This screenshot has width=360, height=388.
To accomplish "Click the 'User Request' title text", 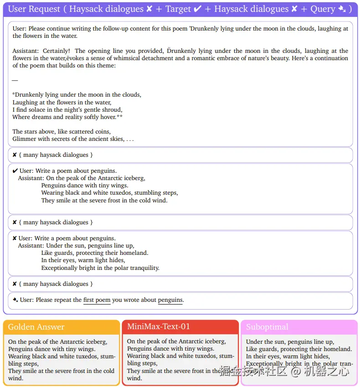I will pyautogui.click(x=35, y=9).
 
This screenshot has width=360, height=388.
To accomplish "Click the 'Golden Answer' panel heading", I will pyautogui.click(x=36, y=327).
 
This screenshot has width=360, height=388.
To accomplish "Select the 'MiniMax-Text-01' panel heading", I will pyautogui.click(x=158, y=326).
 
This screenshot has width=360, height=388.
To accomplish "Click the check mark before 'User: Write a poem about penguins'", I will pyautogui.click(x=15, y=171).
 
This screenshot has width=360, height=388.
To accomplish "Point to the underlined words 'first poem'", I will pyautogui.click(x=97, y=300).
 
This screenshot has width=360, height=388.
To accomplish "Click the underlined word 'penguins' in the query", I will pyautogui.click(x=170, y=300).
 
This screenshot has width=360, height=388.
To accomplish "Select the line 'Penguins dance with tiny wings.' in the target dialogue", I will pyautogui.click(x=85, y=186).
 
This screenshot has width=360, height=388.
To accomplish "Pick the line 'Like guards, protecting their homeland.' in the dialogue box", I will pyautogui.click(x=95, y=253).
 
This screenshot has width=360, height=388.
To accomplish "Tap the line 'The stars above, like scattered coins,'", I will pyautogui.click(x=62, y=132).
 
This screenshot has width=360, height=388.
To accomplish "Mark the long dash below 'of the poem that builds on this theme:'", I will pyautogui.click(x=15, y=80).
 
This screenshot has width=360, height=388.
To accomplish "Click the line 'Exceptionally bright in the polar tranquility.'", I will pyautogui.click(x=100, y=268).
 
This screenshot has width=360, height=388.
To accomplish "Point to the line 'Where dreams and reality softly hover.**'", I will pyautogui.click(x=68, y=117).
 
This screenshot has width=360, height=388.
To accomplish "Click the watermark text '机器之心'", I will pyautogui.click(x=327, y=371).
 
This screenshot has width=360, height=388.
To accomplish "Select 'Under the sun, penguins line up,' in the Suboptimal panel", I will pyautogui.click(x=290, y=342).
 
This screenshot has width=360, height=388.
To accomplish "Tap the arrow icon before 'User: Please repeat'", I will pyautogui.click(x=15, y=300).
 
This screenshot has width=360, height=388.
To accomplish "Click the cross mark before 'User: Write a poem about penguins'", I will pyautogui.click(x=15, y=238).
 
